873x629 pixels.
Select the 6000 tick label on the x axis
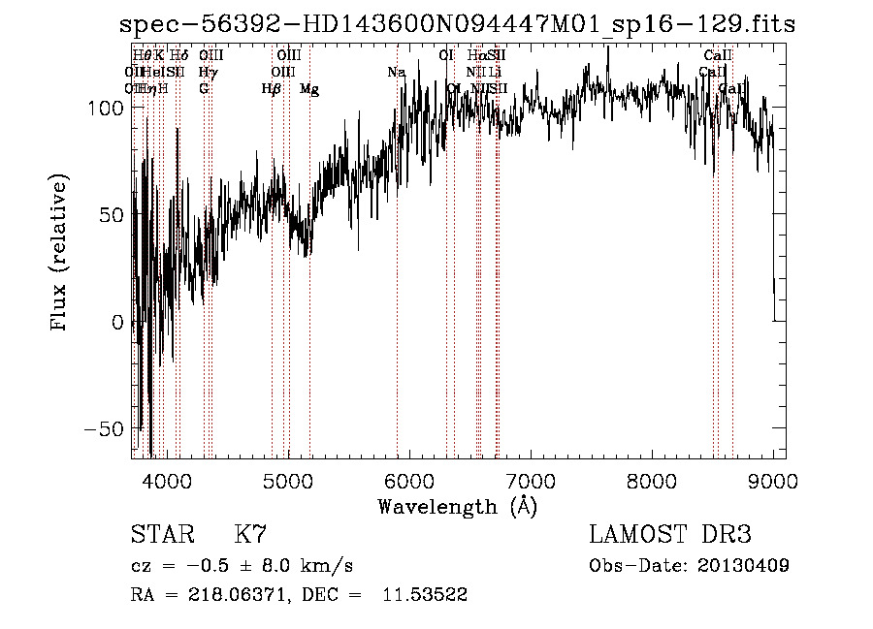409,481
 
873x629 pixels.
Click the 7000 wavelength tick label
531,481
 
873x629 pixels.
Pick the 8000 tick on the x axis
652,481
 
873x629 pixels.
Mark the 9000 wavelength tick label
773,481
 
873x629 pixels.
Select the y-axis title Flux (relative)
60,254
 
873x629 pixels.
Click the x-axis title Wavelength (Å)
457,506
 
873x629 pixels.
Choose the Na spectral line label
396,73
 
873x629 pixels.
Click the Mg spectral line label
309,89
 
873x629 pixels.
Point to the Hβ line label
272,89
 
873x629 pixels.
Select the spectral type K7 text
249,535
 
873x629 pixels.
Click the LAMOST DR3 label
669,535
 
